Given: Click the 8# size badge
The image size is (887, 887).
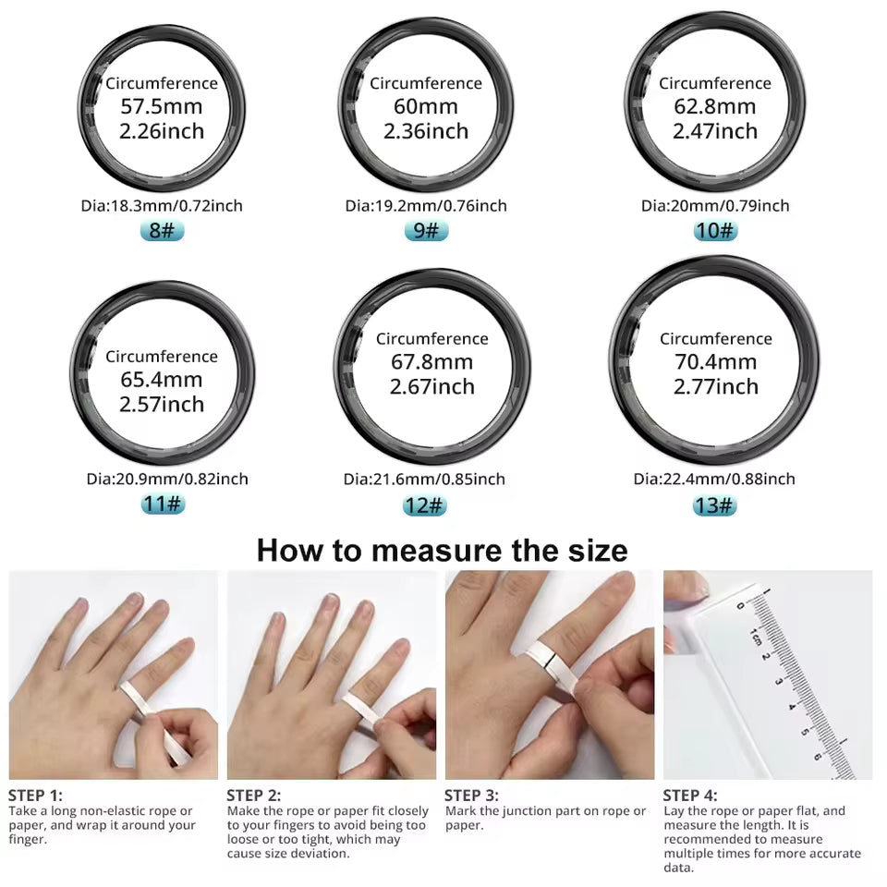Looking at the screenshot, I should click(163, 230).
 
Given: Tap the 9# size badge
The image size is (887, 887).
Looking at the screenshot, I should click(426, 230).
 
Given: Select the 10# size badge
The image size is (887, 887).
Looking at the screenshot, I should click(715, 230).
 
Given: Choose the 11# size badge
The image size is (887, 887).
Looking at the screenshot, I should click(163, 504).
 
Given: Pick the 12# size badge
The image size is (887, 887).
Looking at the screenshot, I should click(425, 504).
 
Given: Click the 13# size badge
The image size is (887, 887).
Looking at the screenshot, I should click(714, 504).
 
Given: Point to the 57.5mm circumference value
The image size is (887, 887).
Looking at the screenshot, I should click(162, 106).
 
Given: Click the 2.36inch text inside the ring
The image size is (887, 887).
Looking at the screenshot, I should click(426, 131).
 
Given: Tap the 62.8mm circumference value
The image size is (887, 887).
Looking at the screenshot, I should click(715, 106).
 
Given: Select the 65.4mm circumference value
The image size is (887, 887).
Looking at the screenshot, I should click(162, 380).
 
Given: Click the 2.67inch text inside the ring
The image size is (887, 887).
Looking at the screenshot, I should click(431, 386).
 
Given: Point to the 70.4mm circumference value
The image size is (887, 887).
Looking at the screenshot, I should click(715, 362).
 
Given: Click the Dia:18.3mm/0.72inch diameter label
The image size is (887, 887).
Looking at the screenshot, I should click(162, 205).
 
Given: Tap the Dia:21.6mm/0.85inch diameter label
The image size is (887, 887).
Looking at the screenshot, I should click(424, 479).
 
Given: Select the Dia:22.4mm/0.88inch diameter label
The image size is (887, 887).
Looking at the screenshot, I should click(714, 479).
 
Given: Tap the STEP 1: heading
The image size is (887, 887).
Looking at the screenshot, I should click(36, 795).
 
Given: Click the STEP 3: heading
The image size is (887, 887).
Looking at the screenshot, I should click(471, 795).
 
